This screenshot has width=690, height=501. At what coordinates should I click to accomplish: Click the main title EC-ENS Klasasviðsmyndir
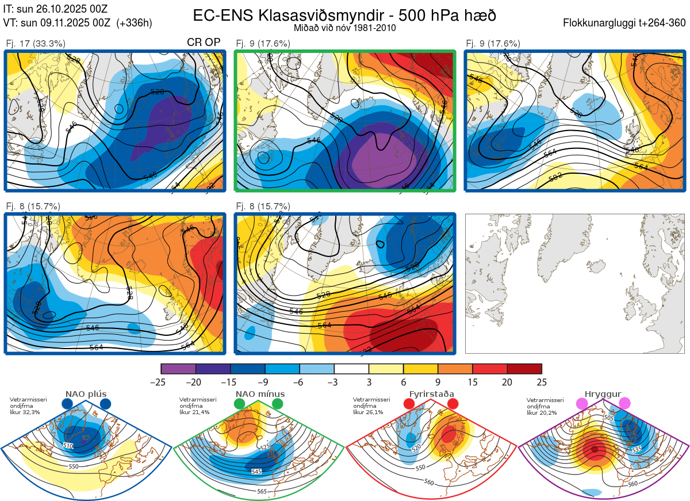coord(345,16)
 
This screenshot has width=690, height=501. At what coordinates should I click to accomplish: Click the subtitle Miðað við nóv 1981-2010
coord(344,28)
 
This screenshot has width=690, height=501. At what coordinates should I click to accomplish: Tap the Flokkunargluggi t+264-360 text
coord(626,23)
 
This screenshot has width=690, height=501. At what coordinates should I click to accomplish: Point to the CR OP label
coord(204,43)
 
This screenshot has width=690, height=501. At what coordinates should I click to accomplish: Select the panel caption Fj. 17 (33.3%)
coord(36,44)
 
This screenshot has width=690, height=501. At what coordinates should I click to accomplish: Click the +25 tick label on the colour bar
coord(541,382)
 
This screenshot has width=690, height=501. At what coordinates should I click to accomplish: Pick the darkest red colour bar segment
coord(524,369)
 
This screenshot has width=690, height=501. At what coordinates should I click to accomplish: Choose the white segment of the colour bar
coord(351,369)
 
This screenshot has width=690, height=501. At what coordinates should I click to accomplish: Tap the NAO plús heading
coord(86,394)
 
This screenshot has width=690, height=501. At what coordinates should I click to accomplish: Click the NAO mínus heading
coord(260,394)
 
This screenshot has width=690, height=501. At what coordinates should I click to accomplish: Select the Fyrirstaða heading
coord(431,394)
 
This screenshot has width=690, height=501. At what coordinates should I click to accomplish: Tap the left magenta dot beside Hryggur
coord(583,404)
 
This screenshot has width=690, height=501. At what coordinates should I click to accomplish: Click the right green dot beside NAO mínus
coord(278,404)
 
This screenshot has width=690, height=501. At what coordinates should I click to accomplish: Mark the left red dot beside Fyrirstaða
coord(409,404)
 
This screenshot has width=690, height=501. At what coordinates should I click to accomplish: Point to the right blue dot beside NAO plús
coord(105,404)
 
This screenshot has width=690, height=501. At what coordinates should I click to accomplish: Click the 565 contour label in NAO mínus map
coord(262,491)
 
